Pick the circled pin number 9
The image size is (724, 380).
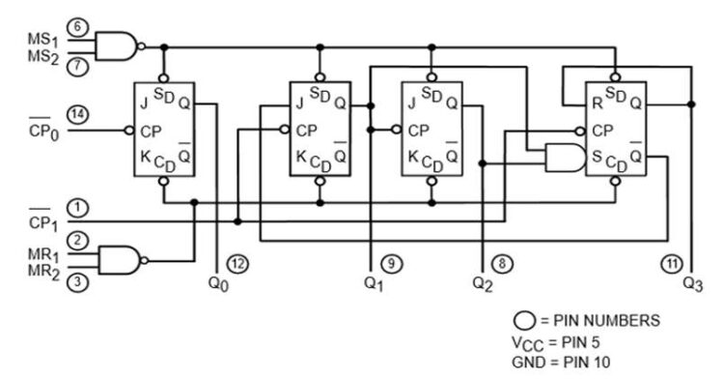pos(389,263)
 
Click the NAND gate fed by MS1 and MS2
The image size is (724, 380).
pos(121,45)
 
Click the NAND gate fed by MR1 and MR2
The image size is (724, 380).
pos(121,258)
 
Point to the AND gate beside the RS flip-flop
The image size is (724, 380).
pos(564,158)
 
